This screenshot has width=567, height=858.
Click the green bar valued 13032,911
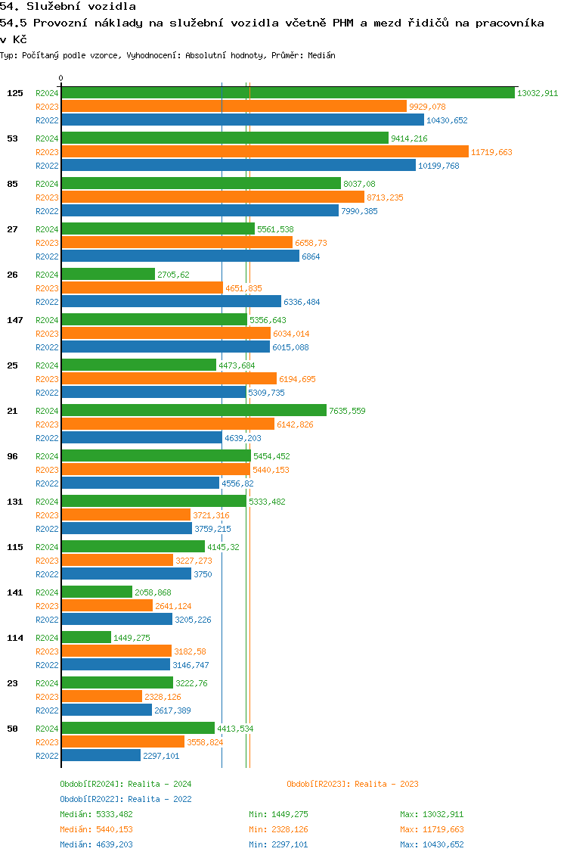coord(287,93)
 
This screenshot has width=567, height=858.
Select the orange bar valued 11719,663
coord(265,152)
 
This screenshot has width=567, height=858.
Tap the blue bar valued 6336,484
coord(171,302)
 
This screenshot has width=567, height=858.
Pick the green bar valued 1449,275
coord(86,638)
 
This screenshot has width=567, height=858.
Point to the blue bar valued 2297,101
coord(101,756)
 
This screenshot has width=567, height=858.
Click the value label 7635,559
coord(347,411)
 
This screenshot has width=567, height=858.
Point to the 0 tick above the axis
coord(61,78)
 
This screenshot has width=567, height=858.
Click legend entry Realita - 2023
coord(352,784)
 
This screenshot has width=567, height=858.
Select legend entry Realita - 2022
coord(125,799)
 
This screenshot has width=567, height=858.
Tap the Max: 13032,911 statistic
coord(432,814)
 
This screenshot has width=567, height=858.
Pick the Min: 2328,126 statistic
coord(278,829)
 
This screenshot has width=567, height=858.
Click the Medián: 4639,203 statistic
coord(96,844)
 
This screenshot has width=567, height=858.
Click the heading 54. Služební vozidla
coord(68,7)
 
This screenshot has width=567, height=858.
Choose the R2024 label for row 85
coord(47,184)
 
